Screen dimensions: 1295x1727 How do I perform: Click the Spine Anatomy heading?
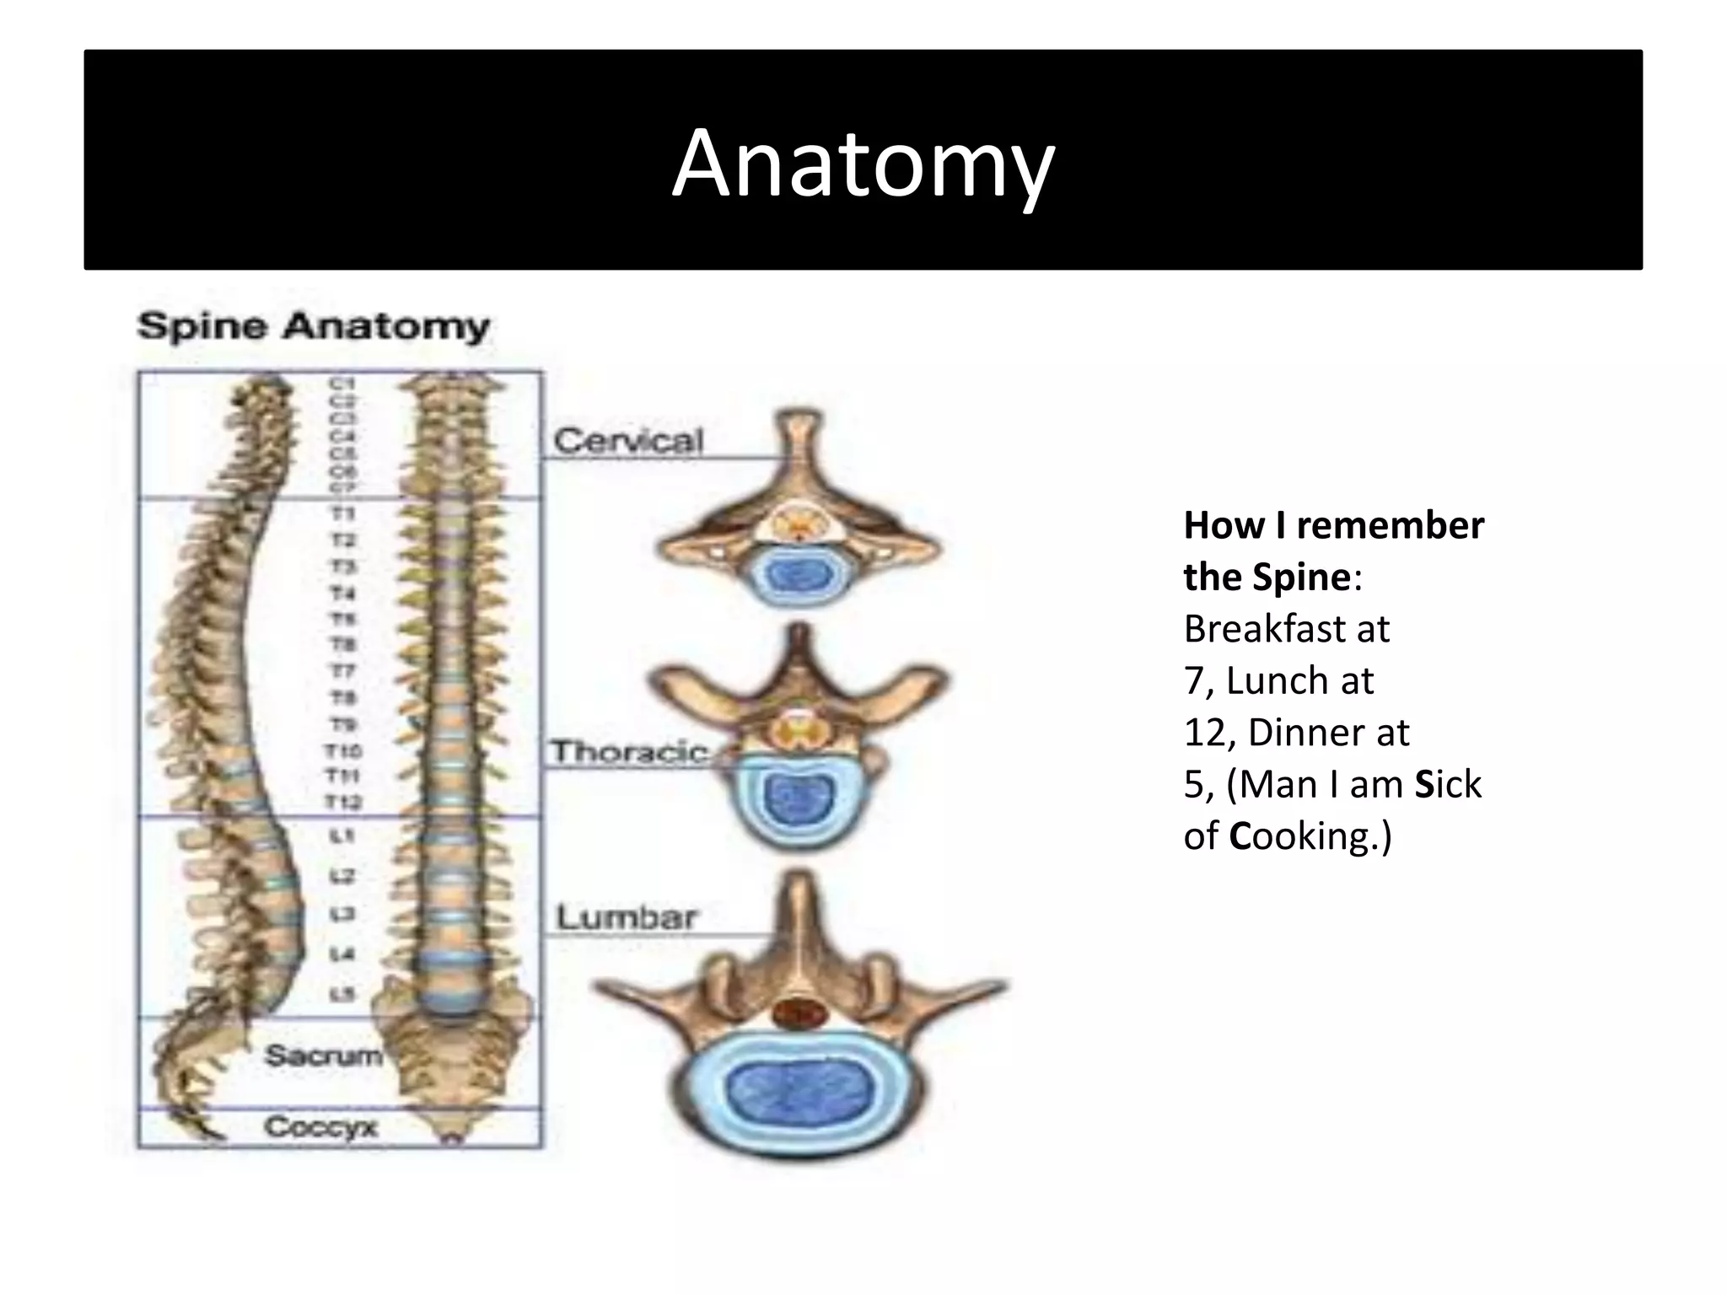point(313,326)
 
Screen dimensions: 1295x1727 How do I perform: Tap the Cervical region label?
point(628,441)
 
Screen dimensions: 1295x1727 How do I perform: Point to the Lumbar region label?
point(627,916)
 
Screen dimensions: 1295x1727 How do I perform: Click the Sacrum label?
point(323,1055)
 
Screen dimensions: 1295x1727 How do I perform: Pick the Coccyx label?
point(320,1126)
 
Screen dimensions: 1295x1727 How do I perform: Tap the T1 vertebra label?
point(342,513)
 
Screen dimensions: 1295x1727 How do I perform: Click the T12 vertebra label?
point(343,802)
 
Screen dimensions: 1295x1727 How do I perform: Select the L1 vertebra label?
point(342,836)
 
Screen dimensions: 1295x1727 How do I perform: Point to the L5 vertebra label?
point(342,995)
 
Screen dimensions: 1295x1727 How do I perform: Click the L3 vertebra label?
point(342,914)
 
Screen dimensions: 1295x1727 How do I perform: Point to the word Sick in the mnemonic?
point(1447,784)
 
